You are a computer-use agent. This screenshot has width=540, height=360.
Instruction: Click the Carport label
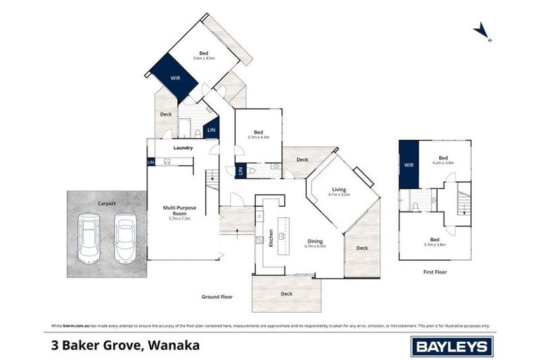coord(107,203)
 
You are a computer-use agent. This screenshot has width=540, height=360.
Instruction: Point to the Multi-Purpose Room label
coord(180,212)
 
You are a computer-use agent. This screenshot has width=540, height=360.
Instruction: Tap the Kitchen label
coord(270,238)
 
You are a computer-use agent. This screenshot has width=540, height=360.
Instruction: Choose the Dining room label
coord(314,242)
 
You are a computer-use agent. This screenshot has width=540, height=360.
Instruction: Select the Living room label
coord(339,189)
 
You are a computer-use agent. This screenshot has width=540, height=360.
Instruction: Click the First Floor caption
coord(435,271)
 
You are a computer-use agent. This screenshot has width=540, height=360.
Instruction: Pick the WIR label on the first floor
coord(409,164)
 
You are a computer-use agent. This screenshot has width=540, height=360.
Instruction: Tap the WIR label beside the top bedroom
coord(175,78)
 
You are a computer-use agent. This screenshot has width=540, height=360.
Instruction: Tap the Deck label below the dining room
coord(286,293)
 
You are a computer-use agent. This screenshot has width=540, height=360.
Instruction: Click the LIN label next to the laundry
coord(151,162)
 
